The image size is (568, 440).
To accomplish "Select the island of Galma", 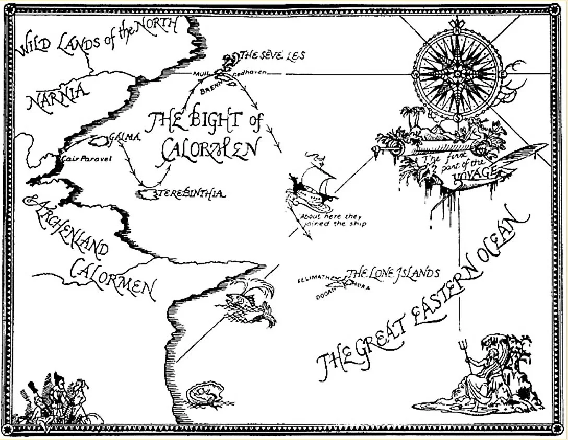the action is point(97,141).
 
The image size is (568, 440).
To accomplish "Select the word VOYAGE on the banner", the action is point(473,173).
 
